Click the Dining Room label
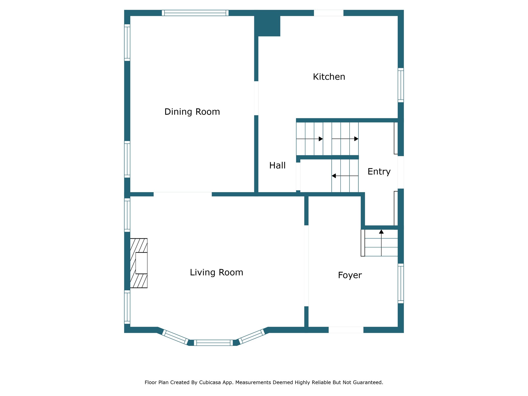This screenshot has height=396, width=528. tap(192, 112)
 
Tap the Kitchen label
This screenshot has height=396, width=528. tap(329, 77)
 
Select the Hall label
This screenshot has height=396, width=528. tap(277, 165)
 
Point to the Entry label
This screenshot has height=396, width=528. tap(379, 172)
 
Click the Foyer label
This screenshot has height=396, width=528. tap(350, 275)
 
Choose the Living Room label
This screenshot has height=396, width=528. tap(217, 273)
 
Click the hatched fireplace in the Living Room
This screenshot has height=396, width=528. tap(139, 263)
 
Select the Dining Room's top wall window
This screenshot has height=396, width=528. tap(195, 13)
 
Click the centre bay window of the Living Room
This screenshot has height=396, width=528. tap(213, 343)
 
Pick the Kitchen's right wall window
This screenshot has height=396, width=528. tap(401, 85)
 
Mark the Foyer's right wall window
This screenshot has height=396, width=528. tap(401, 283)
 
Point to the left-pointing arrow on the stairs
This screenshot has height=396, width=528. tap(345, 176)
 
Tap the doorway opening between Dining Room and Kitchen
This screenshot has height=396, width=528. tap(256, 98)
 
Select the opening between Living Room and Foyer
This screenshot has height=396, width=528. tap(306, 266)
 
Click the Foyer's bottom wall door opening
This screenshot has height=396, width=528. tap(346, 330)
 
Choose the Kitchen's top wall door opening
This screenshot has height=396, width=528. tap(329, 13)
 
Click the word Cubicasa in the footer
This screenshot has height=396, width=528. tap(210, 382)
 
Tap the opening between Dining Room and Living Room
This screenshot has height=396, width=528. tap(183, 194)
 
